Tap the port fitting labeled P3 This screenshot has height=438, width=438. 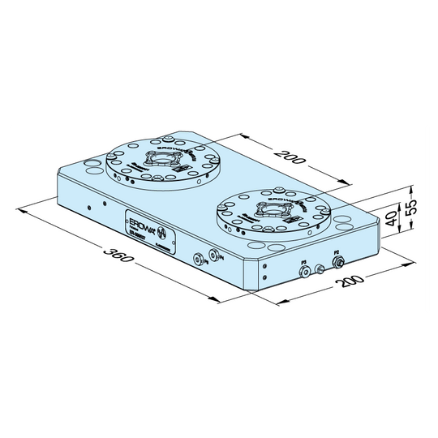pyautogui.click(x=303, y=271)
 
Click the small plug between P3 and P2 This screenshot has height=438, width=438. pyautogui.click(x=320, y=268)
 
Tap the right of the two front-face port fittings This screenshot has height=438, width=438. pyautogui.click(x=213, y=254)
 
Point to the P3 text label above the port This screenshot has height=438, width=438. pyautogui.click(x=303, y=261)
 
